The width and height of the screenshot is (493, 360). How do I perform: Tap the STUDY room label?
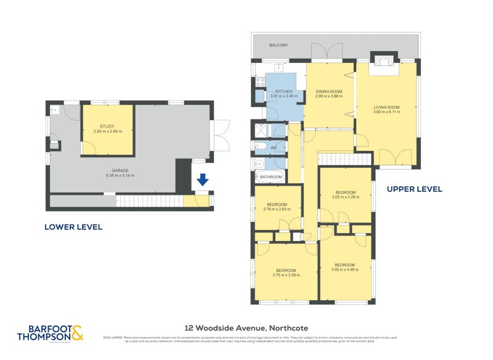click(107, 126)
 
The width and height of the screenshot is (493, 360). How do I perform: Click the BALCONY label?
click(279, 46)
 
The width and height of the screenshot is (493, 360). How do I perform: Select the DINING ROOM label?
click(328, 91)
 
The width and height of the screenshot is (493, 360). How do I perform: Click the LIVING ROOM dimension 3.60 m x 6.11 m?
click(386, 112)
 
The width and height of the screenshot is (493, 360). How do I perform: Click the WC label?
click(274, 148)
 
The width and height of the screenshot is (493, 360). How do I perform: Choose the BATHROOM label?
click(271, 177)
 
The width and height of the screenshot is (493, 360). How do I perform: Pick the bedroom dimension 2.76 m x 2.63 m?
click(277, 210)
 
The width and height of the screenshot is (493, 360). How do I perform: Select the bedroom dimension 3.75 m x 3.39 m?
click(286, 276)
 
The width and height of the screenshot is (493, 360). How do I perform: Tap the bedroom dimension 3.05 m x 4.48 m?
click(344, 269)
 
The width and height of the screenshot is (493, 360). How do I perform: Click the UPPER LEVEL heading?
click(414, 189)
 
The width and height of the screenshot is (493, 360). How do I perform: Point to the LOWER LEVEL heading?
click(73, 227)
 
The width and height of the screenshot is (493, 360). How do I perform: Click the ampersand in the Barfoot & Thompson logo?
click(76, 334)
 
